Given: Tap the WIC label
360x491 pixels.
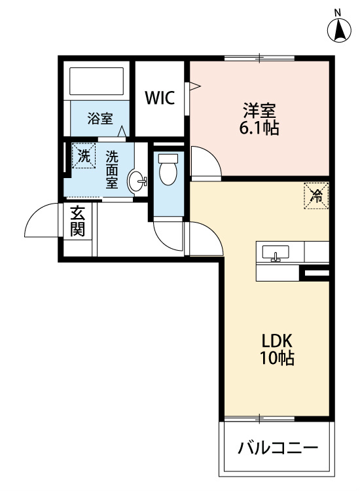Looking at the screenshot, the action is point(160,98).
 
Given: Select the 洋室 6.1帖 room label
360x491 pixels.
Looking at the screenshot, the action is point(259,118).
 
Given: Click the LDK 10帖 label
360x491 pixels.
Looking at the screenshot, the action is point(277,349).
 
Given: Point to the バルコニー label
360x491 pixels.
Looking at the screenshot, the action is point(278,448).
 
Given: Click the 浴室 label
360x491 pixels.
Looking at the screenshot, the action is point(100,118).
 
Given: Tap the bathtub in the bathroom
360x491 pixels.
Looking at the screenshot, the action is point(96,81).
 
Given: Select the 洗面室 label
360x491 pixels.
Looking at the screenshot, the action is point(111,170).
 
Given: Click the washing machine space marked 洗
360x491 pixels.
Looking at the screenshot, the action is point(84,156).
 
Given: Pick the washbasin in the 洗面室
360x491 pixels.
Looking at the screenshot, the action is point(137,181).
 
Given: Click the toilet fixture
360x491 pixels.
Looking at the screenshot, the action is point(168,169).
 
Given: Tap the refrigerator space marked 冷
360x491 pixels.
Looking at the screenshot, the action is point(316,196).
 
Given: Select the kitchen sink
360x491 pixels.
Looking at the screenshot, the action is point(276,253).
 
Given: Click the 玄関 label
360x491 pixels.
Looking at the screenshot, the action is point(77,221).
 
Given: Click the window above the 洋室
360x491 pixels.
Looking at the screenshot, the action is point(259,58).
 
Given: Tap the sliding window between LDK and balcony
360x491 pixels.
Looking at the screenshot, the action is point(259,419).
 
